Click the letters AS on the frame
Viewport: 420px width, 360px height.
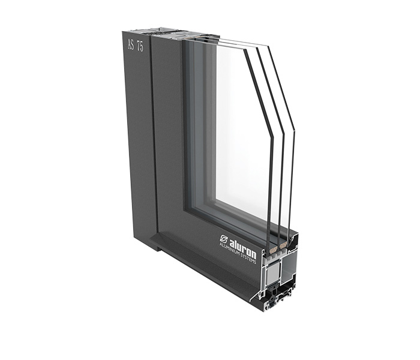coord(131,44)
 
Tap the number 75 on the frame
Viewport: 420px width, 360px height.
coord(140,46)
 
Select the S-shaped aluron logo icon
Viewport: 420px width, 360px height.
coord(224,238)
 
